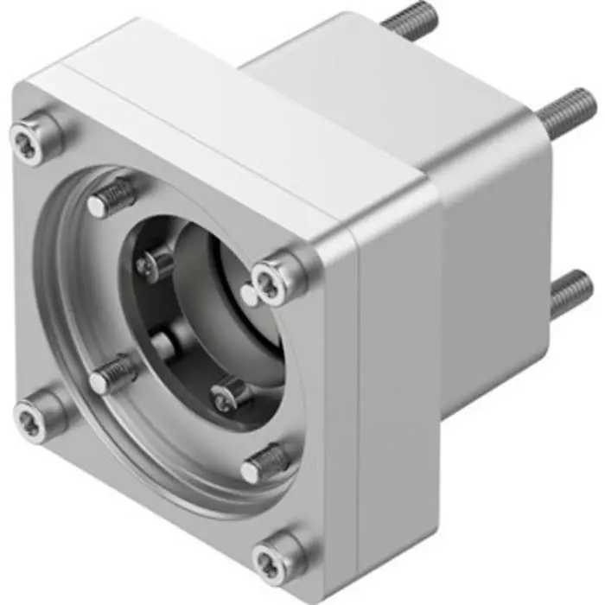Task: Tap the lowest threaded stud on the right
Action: point(570,292)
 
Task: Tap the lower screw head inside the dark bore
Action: point(227,394)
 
